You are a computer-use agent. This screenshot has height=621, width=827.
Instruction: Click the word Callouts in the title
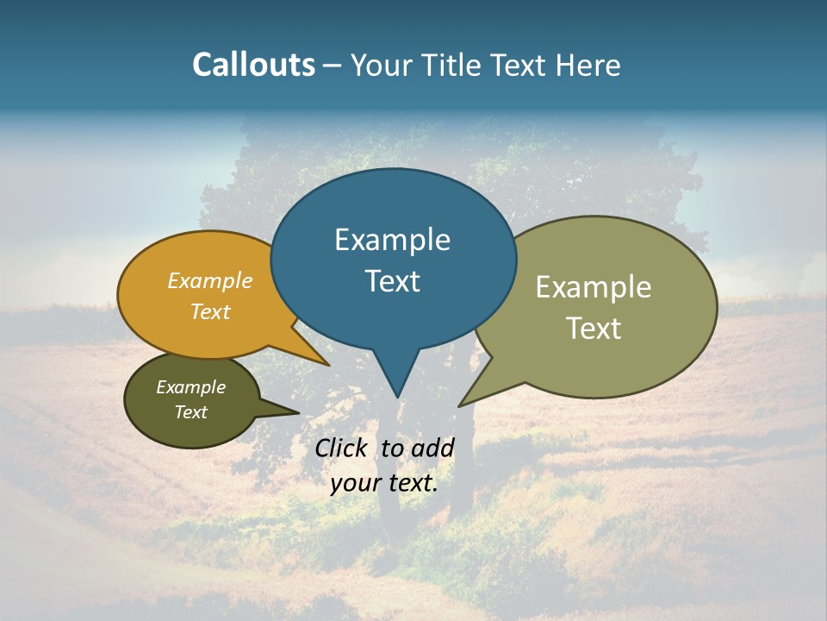[x=253, y=65]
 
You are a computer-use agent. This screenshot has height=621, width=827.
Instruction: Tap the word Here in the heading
[x=588, y=65]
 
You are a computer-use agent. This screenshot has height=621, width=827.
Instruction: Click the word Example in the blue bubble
[x=392, y=240]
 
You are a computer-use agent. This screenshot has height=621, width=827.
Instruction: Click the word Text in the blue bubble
[x=392, y=281]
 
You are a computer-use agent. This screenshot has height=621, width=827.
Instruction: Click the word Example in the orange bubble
[x=209, y=281]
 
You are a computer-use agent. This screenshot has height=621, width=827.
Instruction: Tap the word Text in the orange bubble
[x=209, y=312]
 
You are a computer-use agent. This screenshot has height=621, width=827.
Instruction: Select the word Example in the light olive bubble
[x=593, y=287]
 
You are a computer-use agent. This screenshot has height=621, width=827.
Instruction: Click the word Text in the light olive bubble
[x=593, y=329]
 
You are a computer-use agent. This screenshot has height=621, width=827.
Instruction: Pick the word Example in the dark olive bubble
[x=190, y=388]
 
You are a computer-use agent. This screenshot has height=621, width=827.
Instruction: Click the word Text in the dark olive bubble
[x=190, y=412]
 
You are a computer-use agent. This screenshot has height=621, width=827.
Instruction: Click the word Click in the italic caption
[x=342, y=448]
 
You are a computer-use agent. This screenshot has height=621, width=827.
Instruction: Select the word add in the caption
[x=432, y=448]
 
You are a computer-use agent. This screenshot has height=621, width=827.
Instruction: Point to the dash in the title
[x=333, y=66]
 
